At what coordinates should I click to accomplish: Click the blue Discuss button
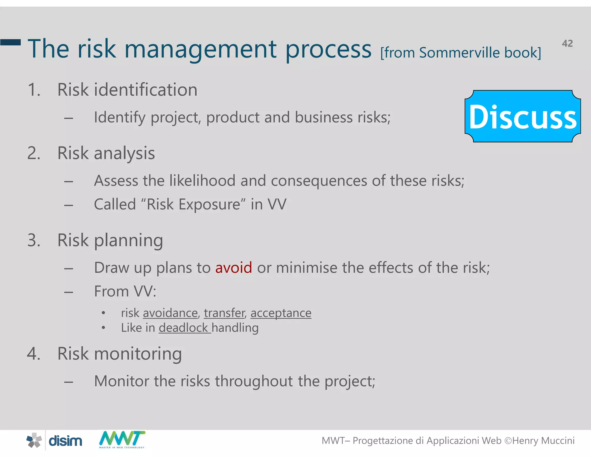point(523,116)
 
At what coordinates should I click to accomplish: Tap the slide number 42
point(567,43)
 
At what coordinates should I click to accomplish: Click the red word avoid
point(233,267)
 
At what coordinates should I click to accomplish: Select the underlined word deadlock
point(183,328)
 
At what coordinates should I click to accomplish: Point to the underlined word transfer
point(224,313)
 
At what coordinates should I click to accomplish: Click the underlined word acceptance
point(281,313)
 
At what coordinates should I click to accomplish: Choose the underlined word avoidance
point(170,313)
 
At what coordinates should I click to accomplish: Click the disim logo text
point(65,441)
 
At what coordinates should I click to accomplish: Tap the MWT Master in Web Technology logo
point(122,439)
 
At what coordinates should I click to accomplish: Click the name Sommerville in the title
point(459,53)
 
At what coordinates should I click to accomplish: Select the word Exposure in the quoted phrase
point(209,205)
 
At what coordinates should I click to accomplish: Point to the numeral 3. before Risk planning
point(34,240)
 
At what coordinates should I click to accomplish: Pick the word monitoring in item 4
point(138,354)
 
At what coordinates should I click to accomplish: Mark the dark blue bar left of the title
point(11,42)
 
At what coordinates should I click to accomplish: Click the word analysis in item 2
point(124,153)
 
